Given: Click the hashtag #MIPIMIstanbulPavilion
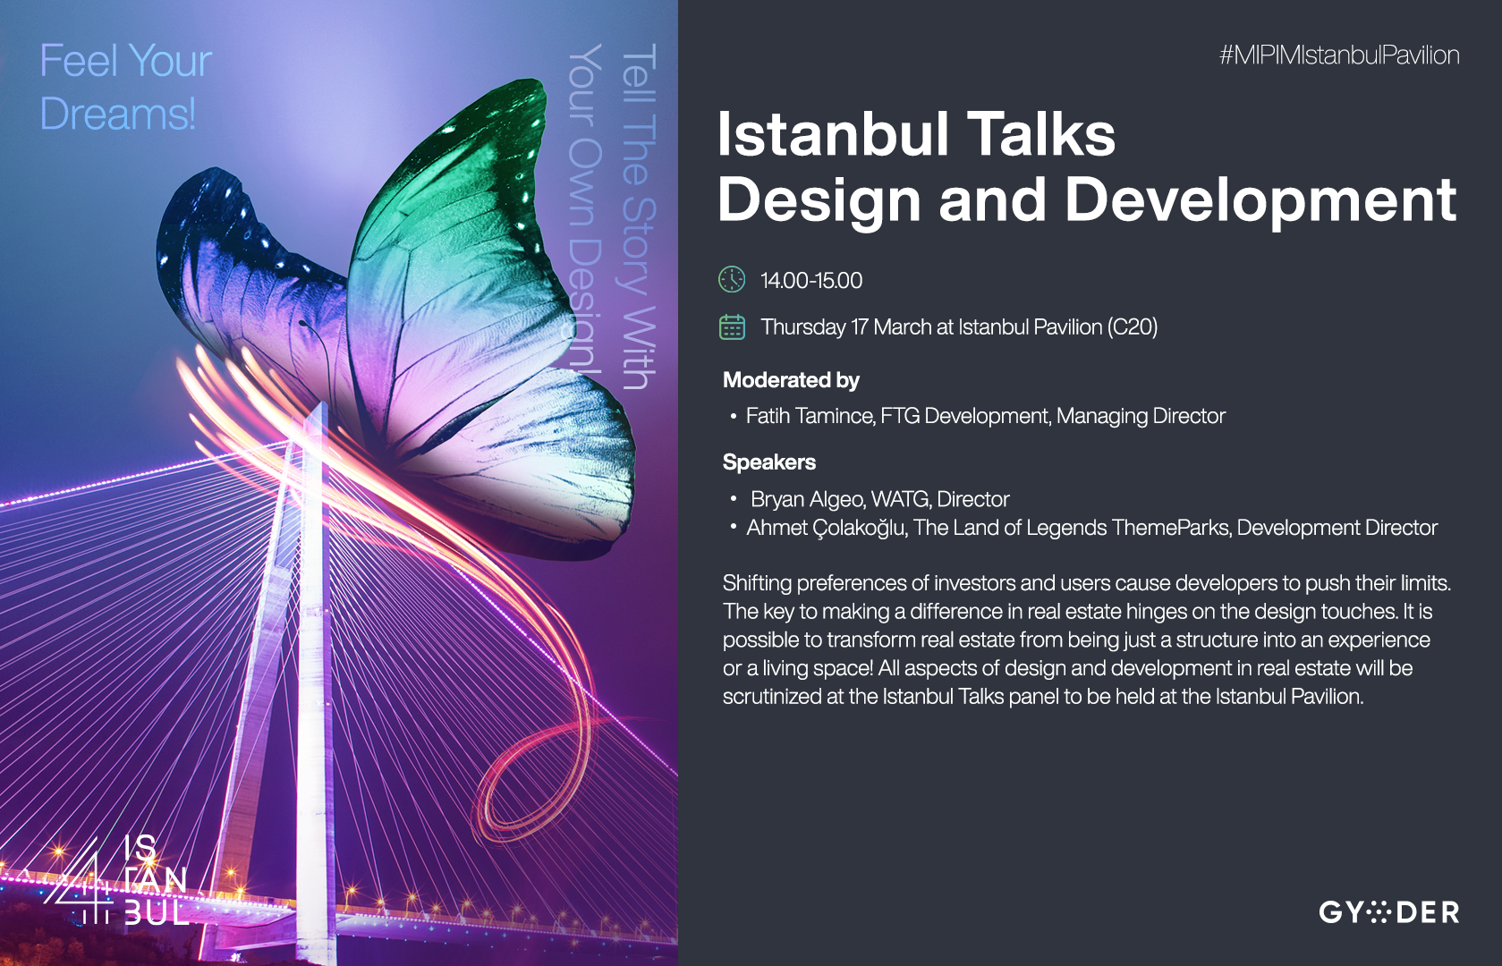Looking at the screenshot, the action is (x=1339, y=55).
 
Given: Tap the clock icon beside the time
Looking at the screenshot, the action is (x=732, y=280).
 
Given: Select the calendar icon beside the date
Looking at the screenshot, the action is (x=732, y=327).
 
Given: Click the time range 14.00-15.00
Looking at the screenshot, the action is (x=811, y=280).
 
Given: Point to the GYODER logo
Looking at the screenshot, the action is (x=1388, y=912).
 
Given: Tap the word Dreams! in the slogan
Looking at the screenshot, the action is (x=118, y=114).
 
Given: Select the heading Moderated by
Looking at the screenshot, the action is (x=791, y=380).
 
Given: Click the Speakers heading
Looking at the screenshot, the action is (x=769, y=462).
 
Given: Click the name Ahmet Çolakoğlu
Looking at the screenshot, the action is (x=826, y=529).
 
